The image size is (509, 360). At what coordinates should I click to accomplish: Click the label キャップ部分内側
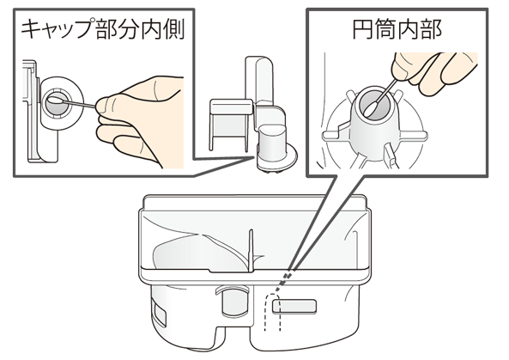pos(103,29)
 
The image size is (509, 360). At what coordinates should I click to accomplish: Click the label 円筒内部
pos(397,29)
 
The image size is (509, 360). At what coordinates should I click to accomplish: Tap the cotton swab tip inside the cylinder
pos(371,108)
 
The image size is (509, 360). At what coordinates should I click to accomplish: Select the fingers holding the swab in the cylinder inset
pos(432,71)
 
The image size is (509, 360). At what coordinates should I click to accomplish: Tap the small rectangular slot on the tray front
pos(294,307)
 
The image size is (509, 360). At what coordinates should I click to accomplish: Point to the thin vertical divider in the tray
pos(251,250)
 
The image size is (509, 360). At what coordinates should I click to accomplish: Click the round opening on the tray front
pos(233,300)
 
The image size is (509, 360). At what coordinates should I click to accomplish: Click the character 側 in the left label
pos(174,29)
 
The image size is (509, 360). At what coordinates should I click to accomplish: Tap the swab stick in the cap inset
pos(79,104)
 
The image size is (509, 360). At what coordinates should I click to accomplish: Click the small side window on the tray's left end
pos(159,313)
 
